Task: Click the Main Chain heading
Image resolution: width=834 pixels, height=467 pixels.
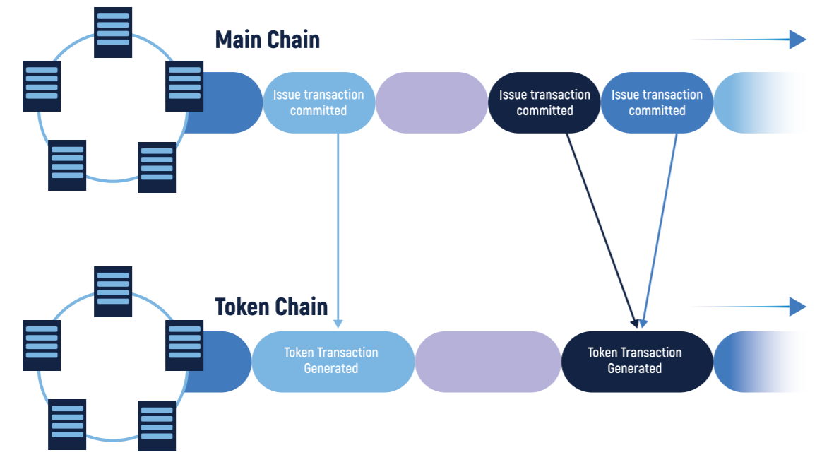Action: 267,40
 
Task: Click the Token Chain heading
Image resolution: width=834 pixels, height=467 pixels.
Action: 271,307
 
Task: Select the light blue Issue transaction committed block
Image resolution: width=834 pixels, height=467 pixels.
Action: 319,102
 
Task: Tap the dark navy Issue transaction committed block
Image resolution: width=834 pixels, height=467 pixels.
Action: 544,102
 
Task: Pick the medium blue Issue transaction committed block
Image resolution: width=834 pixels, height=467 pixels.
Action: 657,102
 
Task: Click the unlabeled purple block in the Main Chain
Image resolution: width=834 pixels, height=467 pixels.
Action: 432,102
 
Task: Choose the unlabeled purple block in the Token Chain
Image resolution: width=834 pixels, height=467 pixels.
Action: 488,362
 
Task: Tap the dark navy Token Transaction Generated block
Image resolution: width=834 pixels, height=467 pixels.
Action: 637,362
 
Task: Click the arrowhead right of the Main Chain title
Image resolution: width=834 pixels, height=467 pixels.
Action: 798,40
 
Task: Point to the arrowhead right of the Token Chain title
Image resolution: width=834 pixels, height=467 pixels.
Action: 798,307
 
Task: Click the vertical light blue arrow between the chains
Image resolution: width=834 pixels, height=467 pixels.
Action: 338,230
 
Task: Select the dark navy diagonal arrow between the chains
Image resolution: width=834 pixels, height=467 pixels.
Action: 602,230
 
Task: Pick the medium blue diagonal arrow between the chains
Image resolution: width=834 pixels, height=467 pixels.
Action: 660,230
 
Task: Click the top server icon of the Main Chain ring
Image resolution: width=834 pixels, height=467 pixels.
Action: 113,32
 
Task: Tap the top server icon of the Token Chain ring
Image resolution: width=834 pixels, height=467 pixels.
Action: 113,292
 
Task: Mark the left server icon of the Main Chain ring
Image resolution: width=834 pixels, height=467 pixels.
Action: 42,86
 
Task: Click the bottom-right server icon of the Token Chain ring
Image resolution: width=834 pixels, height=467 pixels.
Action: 157,425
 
